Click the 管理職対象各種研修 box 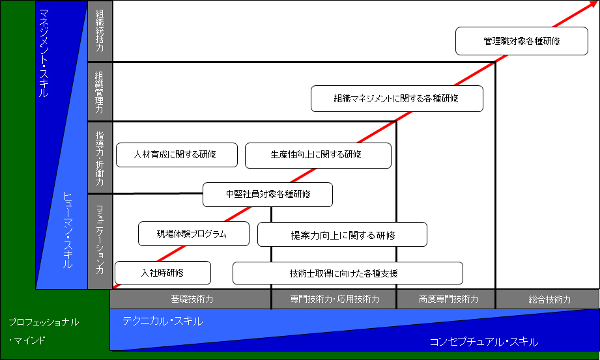[x=522, y=41]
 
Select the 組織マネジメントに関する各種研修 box [x=397, y=99]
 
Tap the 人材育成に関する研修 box [x=177, y=155]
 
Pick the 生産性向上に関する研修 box [x=318, y=156]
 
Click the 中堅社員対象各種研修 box [x=268, y=195]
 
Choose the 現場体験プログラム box [x=193, y=234]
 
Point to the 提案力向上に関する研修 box [x=342, y=234]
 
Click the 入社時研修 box [x=163, y=273]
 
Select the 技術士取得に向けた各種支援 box [x=348, y=273]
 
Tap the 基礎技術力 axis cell [x=191, y=299]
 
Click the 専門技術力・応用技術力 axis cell [x=334, y=299]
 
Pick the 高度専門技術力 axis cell [x=446, y=299]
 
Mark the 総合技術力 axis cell [x=548, y=299]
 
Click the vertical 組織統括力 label [x=100, y=31]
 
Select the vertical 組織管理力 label [x=100, y=92]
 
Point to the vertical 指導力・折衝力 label [x=100, y=158]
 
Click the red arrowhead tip [x=598, y=1]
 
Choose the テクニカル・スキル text [x=163, y=321]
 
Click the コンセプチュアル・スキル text [x=484, y=342]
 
